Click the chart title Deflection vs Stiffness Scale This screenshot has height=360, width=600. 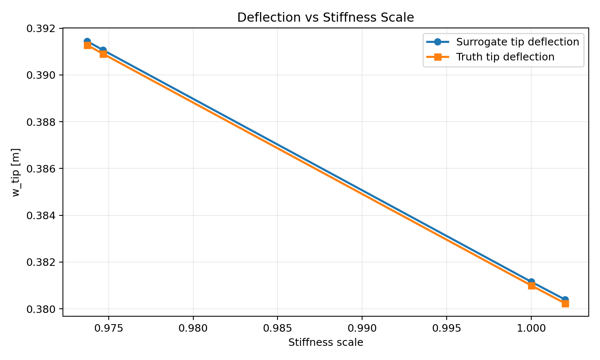pyautogui.click(x=325, y=17)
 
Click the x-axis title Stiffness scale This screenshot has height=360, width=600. pyautogui.click(x=325, y=342)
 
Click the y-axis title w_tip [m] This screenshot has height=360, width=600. pyautogui.click(x=16, y=172)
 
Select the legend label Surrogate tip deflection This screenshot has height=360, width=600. pyautogui.click(x=517, y=42)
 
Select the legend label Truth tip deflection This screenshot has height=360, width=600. pyautogui.click(x=505, y=57)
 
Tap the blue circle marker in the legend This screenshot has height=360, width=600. pyautogui.click(x=437, y=42)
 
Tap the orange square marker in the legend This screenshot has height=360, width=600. pyautogui.click(x=437, y=57)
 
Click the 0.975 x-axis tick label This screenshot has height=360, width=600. pyautogui.click(x=109, y=328)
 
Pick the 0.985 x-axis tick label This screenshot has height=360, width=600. pyautogui.click(x=277, y=328)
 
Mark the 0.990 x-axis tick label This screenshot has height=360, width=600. pyautogui.click(x=362, y=328)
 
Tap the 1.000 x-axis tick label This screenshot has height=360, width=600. pyautogui.click(x=531, y=328)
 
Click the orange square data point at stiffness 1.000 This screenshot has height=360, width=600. pyautogui.click(x=531, y=285)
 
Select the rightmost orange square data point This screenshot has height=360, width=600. pyautogui.click(x=565, y=303)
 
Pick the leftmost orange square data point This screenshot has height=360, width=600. pyautogui.click(x=87, y=45)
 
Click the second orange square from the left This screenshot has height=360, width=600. pyautogui.click(x=103, y=54)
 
